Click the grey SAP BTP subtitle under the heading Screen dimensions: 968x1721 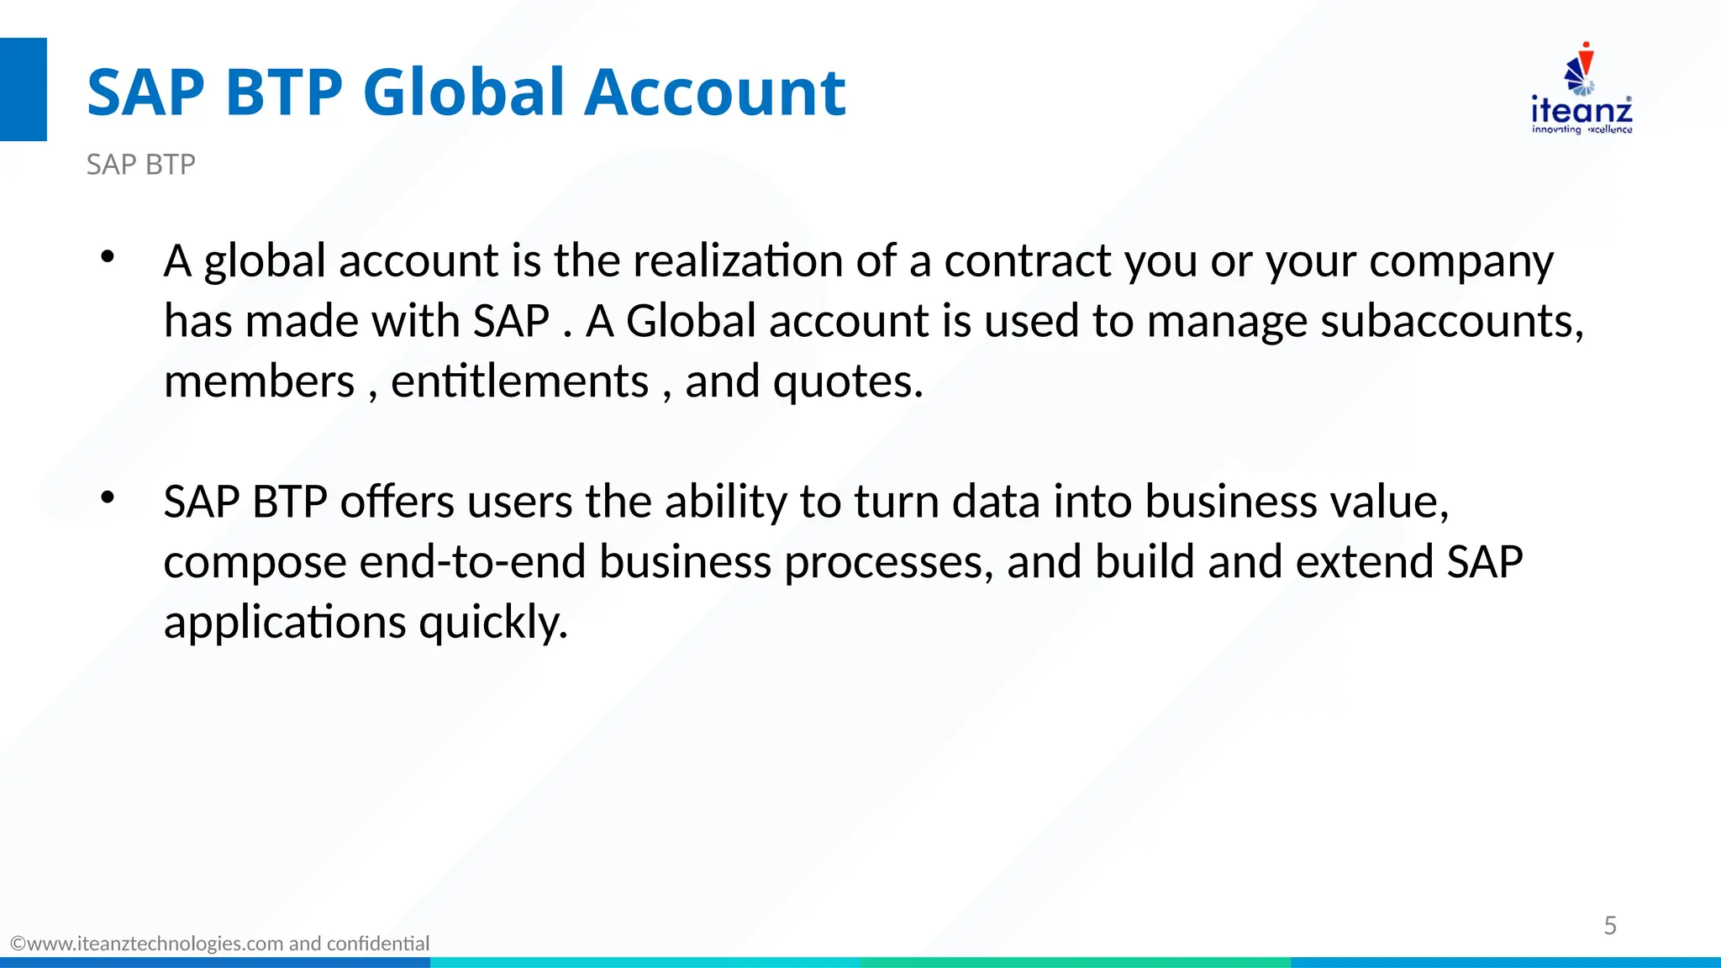(x=141, y=165)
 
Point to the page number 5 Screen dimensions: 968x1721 (x=1610, y=925)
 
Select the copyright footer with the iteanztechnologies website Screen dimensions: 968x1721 (x=220, y=944)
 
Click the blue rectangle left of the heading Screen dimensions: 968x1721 (x=24, y=89)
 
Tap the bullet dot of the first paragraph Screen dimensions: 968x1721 (x=107, y=257)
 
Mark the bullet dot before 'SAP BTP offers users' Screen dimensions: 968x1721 (x=107, y=497)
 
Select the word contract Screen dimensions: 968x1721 (x=1028, y=260)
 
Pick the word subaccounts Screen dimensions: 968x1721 (x=1451, y=321)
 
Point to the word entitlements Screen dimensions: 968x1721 (x=519, y=381)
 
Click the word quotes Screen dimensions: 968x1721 (x=847, y=381)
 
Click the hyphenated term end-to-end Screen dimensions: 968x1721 (x=472, y=562)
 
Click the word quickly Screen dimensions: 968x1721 (x=493, y=623)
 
